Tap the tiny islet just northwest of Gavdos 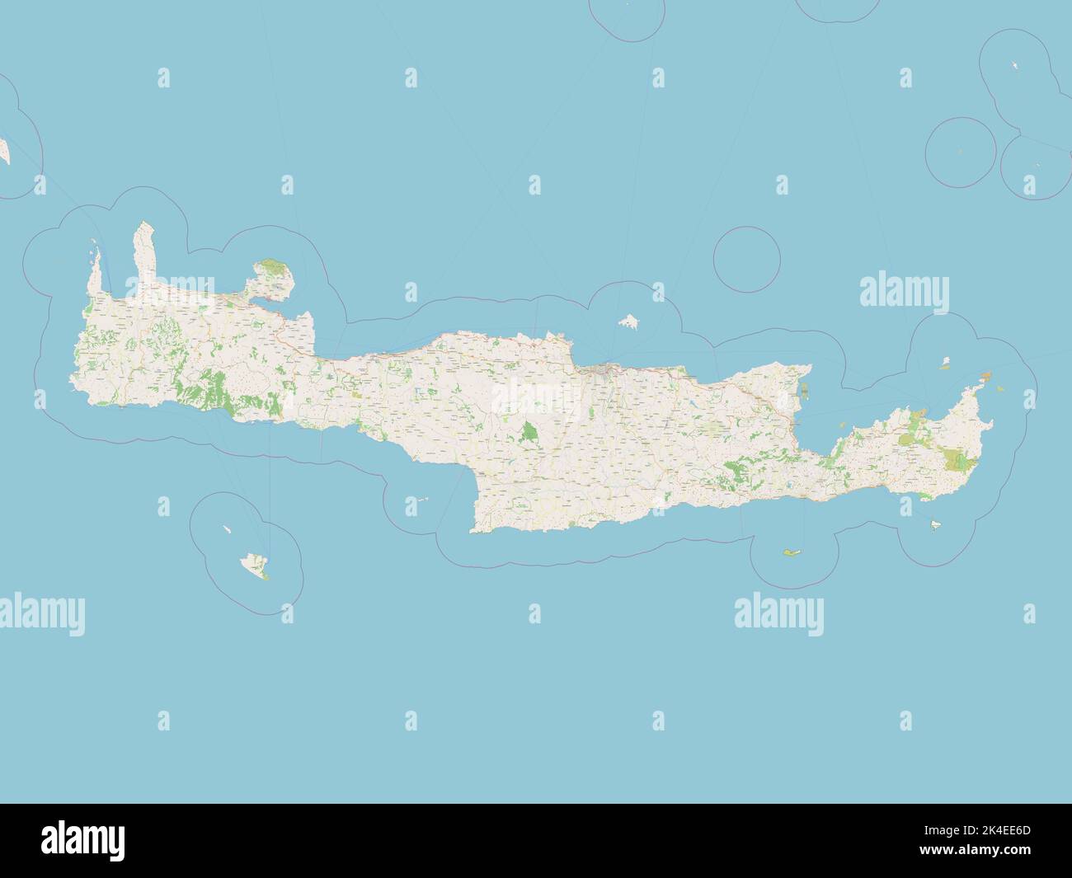[224, 529]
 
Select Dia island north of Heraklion [631, 320]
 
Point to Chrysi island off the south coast [792, 552]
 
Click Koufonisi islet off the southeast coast [938, 525]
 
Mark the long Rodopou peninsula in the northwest [144, 251]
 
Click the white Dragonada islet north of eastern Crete [946, 362]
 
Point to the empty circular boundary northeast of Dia [746, 259]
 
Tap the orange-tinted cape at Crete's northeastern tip [984, 378]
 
